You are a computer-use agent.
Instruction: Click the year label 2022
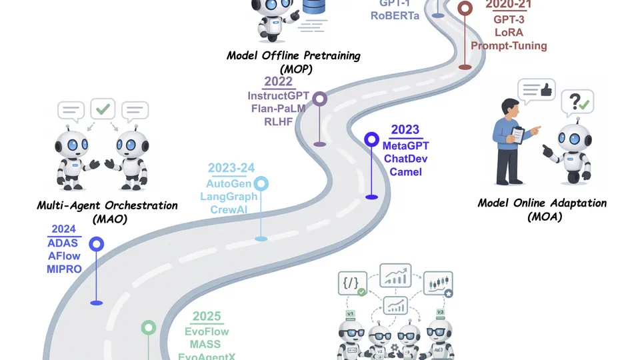pos(279,82)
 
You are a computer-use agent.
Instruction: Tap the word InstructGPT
pos(279,96)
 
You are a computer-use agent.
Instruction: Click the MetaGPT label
pos(405,145)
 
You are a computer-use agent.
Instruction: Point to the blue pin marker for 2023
pos(372,140)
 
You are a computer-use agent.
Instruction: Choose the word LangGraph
pos(229,197)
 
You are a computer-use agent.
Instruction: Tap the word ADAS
pos(64,243)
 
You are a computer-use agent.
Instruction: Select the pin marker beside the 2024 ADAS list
pos(97,245)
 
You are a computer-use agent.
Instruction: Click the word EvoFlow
pos(207,332)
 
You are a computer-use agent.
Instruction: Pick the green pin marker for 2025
pos(148,328)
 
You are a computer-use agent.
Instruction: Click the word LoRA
pos(509,32)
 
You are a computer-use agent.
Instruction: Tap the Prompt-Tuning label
pos(509,46)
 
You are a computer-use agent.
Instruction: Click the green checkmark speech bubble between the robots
pos(103,109)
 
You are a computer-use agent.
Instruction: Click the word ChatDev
pos(405,159)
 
